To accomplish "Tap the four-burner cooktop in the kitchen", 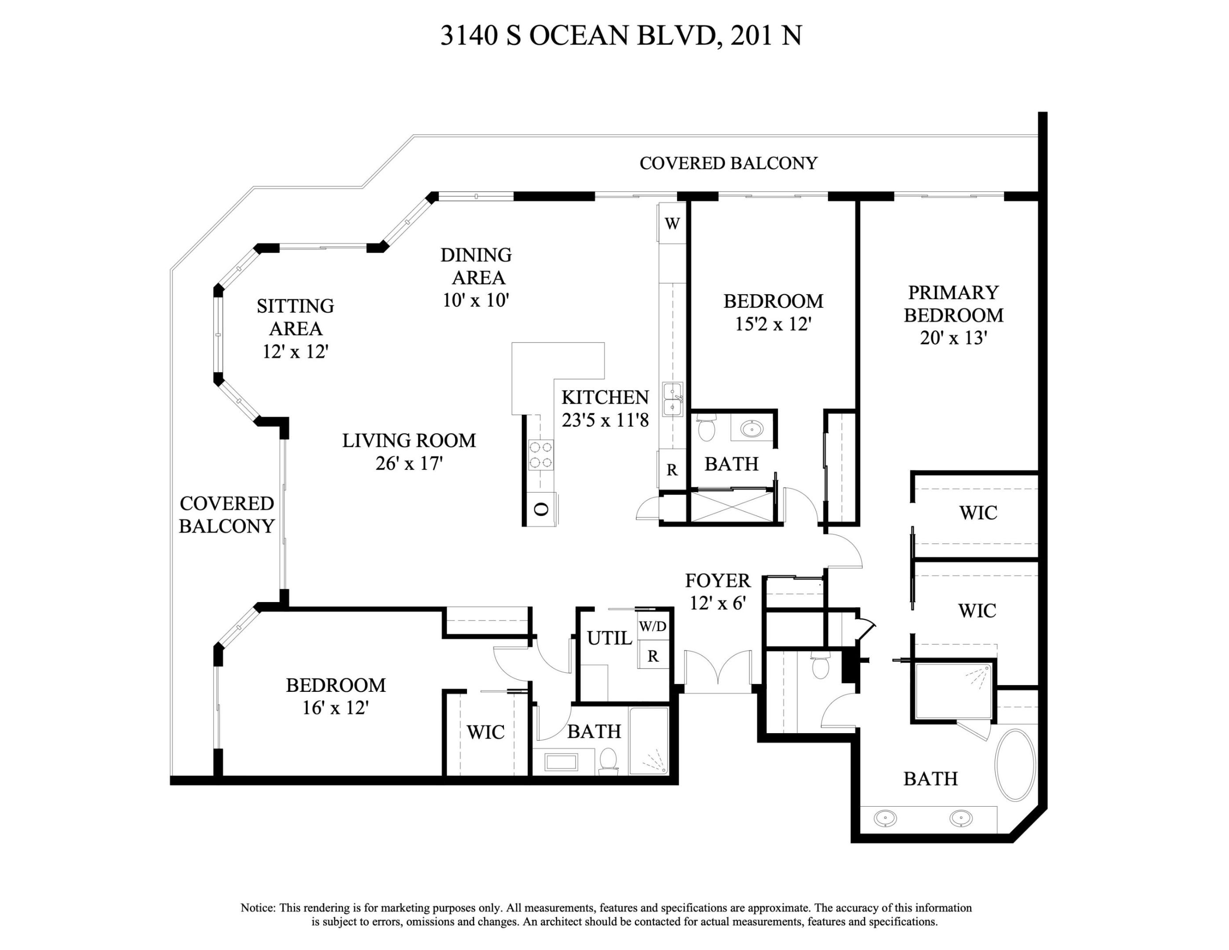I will pos(540,455).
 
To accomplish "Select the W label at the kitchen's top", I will pos(672,223).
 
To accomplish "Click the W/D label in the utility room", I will pos(653,626).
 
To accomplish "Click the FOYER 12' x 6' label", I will pos(718,592).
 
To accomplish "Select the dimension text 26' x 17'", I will pos(409,463).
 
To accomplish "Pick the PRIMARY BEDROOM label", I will pos(953,304).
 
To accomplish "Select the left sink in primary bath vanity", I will pos(886,818).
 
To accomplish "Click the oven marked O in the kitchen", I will pos(541,509).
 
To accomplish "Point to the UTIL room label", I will pos(609,638).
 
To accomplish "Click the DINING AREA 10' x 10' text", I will pos(476,278).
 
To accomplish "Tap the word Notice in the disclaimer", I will pos(258,907).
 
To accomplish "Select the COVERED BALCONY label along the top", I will pos(728,163).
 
